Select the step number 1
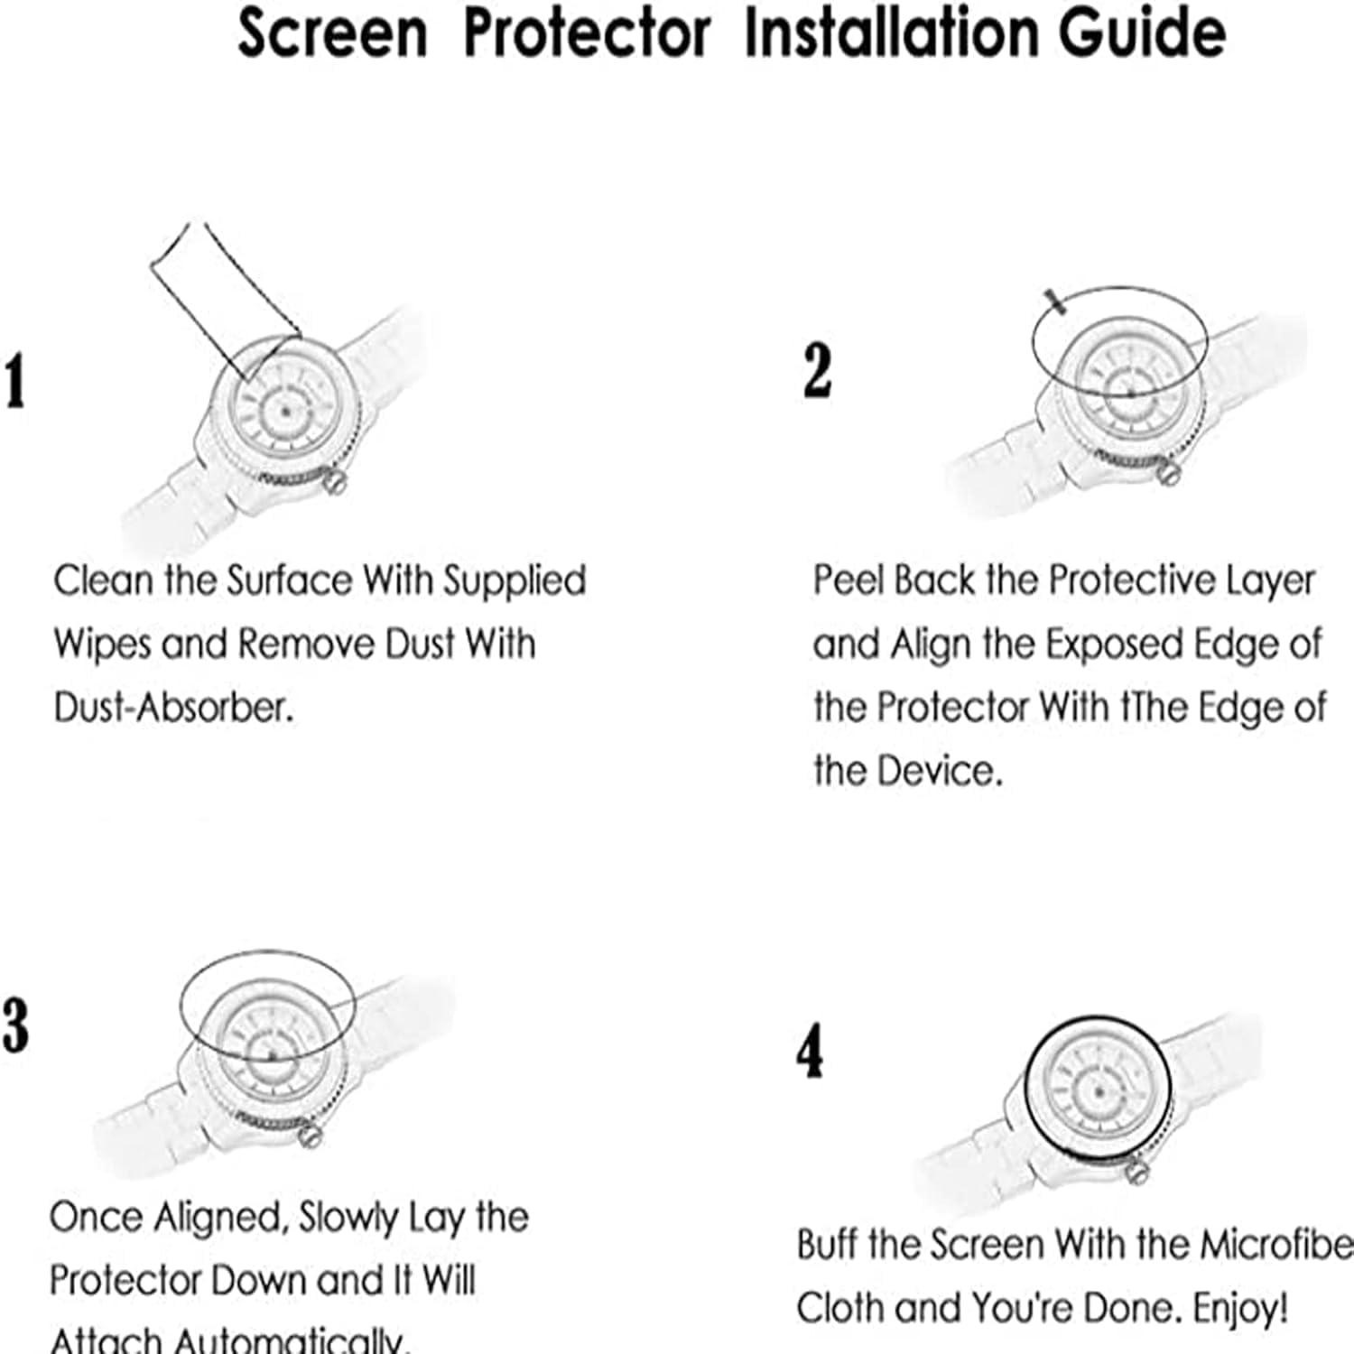(14, 381)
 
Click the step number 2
(817, 371)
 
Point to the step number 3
(15, 1025)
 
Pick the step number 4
(810, 1052)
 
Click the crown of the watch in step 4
(1136, 1173)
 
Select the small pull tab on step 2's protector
(1054, 301)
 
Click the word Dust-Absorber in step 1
(174, 708)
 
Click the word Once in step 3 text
(97, 1218)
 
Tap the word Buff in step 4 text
(828, 1245)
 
